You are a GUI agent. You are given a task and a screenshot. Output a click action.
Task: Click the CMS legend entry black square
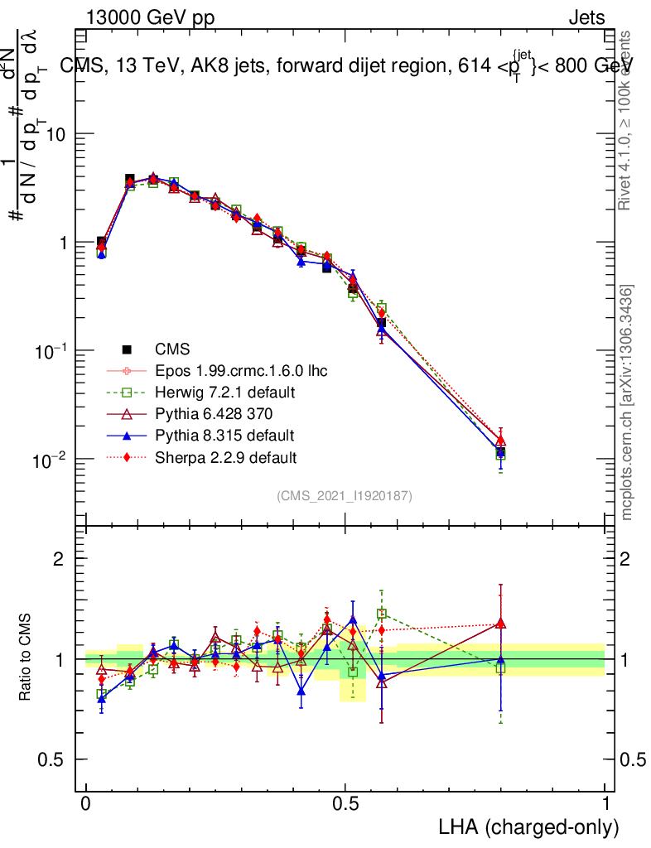(127, 349)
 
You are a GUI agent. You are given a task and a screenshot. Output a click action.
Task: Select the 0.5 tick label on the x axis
(345, 804)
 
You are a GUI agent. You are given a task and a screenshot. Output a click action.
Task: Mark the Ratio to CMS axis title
(27, 658)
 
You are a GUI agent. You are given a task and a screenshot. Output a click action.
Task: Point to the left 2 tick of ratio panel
(59, 559)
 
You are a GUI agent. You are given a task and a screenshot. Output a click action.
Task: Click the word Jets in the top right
(586, 18)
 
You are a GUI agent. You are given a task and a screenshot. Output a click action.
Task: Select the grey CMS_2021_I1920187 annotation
(345, 495)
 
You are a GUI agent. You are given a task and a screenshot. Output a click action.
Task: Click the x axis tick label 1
(605, 804)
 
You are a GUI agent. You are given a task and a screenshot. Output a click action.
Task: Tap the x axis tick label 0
(86, 804)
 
